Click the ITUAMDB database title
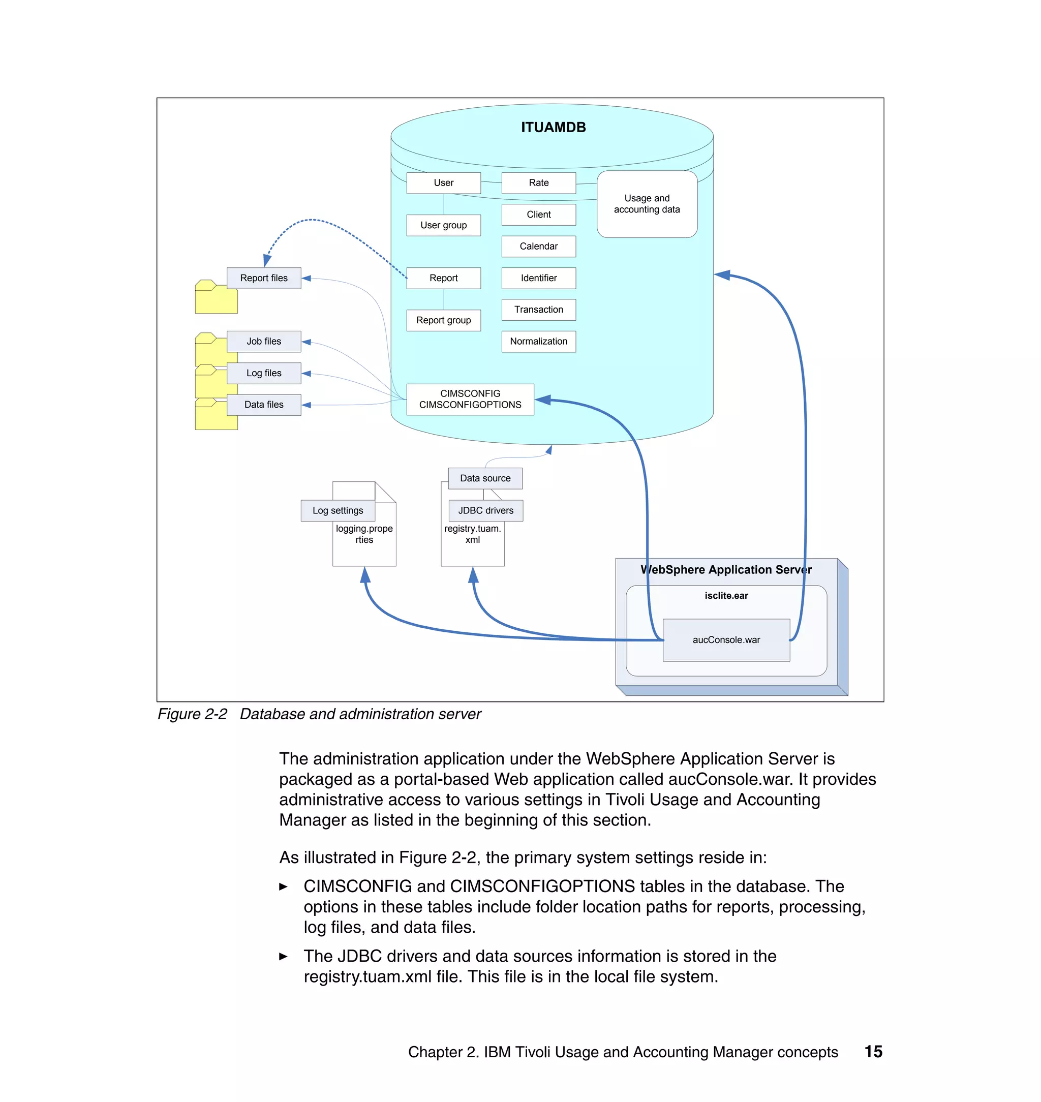click(x=553, y=127)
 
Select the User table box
click(x=443, y=182)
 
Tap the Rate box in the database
click(x=538, y=182)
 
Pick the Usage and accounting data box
click(x=647, y=204)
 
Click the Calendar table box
click(x=538, y=246)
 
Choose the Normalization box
click(x=538, y=341)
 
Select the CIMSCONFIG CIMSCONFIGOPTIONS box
click(x=470, y=399)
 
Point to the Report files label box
click(x=264, y=278)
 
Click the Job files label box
click(x=264, y=341)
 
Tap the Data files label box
click(x=264, y=405)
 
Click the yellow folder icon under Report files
click(x=216, y=299)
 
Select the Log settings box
click(x=338, y=510)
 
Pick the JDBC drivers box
click(x=485, y=510)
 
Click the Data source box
click(x=485, y=478)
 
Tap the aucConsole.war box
click(x=726, y=640)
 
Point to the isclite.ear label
click(x=726, y=595)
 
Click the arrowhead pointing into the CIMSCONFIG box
click(x=543, y=400)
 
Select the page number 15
click(x=873, y=1052)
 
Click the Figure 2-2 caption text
click(x=319, y=714)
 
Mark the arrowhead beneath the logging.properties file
click(x=364, y=575)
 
